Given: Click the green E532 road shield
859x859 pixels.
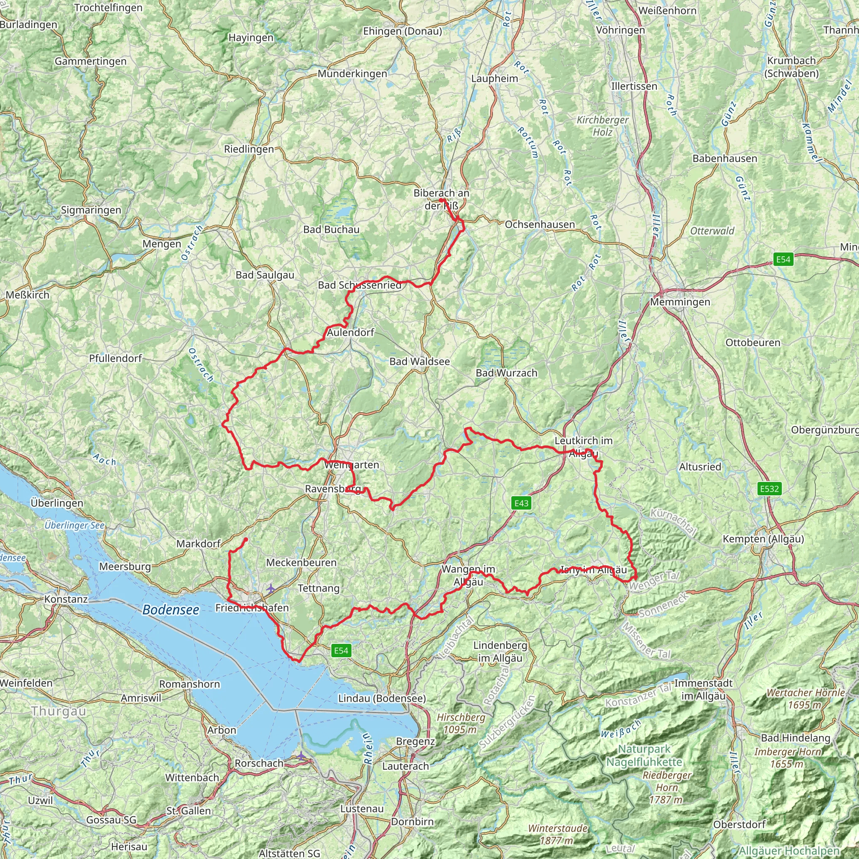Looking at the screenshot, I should pyautogui.click(x=769, y=489).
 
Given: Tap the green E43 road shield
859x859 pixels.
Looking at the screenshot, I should pyautogui.click(x=521, y=503).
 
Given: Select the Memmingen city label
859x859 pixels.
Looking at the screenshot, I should pyautogui.click(x=680, y=302).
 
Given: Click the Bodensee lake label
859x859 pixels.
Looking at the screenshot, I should pyautogui.click(x=171, y=609).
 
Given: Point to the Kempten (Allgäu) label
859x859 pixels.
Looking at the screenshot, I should pyautogui.click(x=763, y=539).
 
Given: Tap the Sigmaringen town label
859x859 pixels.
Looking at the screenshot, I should pyautogui.click(x=91, y=210).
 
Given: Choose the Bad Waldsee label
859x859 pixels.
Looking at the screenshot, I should pyautogui.click(x=420, y=362).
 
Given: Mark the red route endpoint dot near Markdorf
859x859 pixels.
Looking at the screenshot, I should pyautogui.click(x=245, y=539).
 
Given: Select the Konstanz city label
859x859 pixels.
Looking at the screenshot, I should pyautogui.click(x=66, y=599).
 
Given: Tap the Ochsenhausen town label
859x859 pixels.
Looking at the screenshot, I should pyautogui.click(x=540, y=224).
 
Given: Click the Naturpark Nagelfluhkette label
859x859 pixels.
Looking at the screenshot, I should pyautogui.click(x=644, y=755).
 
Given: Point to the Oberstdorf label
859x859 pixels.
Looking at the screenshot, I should pyautogui.click(x=739, y=824).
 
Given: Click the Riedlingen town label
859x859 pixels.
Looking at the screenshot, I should pyautogui.click(x=249, y=149).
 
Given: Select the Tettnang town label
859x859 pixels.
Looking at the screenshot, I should pyautogui.click(x=318, y=588).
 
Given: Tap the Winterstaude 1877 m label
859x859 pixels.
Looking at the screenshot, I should pyautogui.click(x=557, y=834).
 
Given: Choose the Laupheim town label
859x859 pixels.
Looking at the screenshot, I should pyautogui.click(x=495, y=79).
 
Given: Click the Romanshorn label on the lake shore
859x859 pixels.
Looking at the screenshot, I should pyautogui.click(x=190, y=684).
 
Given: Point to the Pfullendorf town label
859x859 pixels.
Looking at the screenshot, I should pyautogui.click(x=116, y=358).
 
